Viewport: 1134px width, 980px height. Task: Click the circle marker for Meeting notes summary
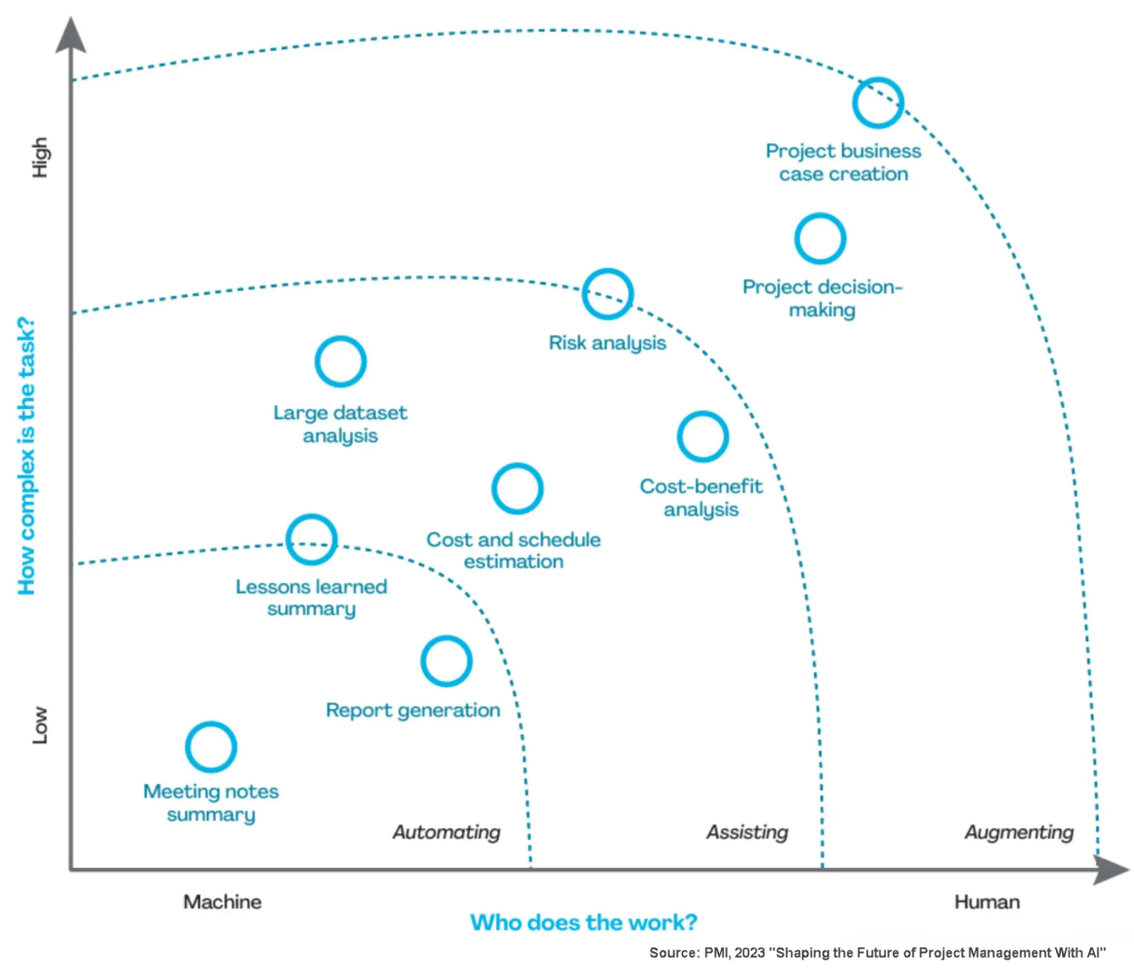210,747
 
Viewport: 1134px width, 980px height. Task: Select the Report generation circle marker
446,661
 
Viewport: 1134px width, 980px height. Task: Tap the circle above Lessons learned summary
311,540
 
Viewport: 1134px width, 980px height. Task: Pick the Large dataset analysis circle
340,361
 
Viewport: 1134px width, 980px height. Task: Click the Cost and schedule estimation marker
517,489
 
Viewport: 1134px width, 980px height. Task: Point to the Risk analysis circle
607,294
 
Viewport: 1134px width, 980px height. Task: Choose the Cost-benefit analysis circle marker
702,437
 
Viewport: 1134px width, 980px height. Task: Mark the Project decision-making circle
820,238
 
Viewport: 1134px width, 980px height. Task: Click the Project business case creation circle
878,103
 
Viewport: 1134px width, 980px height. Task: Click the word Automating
446,832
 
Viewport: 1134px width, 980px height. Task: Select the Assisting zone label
747,832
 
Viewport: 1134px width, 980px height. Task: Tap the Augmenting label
1019,832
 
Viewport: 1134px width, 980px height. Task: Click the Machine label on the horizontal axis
222,902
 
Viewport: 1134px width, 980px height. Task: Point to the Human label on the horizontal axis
986,902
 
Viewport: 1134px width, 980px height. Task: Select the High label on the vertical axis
40,157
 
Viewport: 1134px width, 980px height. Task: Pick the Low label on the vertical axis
40,725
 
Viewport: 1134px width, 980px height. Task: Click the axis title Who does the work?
584,922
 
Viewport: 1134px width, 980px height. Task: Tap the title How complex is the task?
26,456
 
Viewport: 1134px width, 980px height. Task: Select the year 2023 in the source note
750,953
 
